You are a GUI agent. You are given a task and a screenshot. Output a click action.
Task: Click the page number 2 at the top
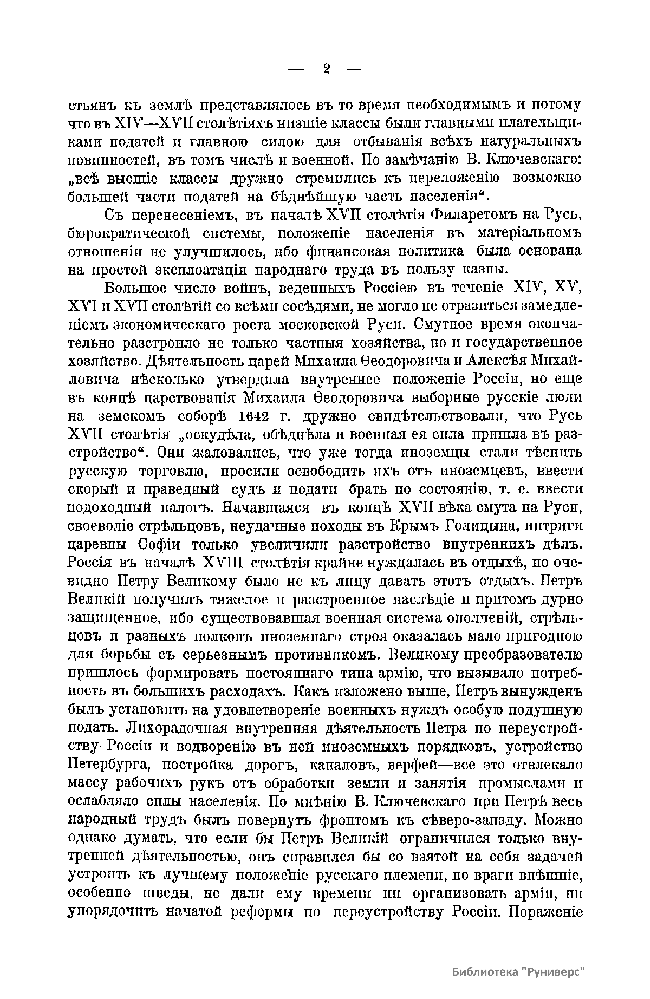tap(326, 69)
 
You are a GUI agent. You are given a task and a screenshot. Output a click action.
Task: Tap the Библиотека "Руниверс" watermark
tap(519, 971)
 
